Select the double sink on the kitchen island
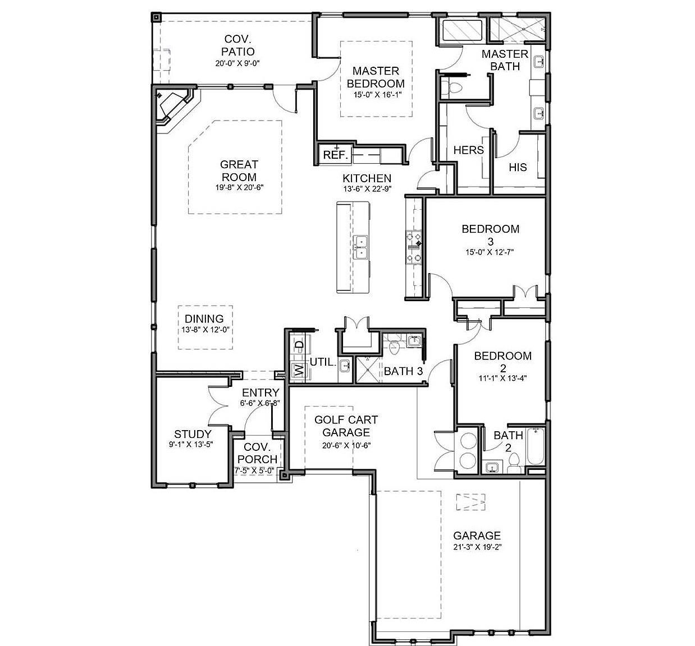[360, 247]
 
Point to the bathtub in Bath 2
[535, 447]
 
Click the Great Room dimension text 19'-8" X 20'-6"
[239, 187]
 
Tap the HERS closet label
[468, 150]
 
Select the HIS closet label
[518, 167]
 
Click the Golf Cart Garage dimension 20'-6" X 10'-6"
[346, 445]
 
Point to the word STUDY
[193, 434]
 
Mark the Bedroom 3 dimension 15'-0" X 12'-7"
[490, 252]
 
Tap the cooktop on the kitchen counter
[414, 247]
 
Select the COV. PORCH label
[257, 453]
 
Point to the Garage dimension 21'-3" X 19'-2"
[477, 547]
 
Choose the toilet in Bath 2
[513, 464]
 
